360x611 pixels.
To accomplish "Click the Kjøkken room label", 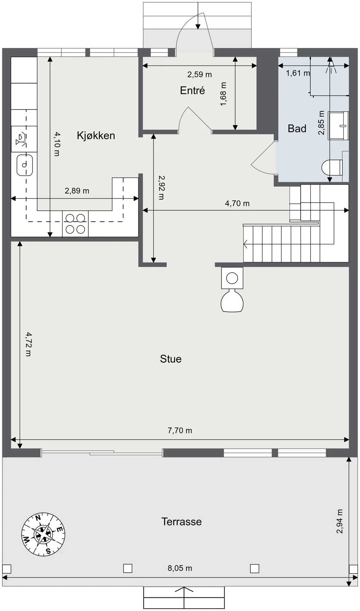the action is click(x=96, y=135).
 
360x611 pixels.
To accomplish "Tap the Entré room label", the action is click(x=193, y=90).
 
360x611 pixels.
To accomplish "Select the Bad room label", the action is click(x=297, y=128).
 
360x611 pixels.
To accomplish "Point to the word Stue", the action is click(x=170, y=359).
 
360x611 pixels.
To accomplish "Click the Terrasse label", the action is click(x=181, y=521).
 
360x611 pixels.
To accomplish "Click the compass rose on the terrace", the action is click(x=43, y=534).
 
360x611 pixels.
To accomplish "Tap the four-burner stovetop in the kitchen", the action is click(x=75, y=224).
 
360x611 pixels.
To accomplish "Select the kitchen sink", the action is click(x=24, y=165).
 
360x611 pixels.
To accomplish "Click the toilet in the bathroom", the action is click(x=332, y=167).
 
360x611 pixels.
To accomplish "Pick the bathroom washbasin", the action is click(x=338, y=126).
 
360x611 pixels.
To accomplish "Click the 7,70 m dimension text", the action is click(x=180, y=430).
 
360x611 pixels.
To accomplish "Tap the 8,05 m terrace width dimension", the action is click(x=180, y=568).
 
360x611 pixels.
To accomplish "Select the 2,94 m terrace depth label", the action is click(x=340, y=521).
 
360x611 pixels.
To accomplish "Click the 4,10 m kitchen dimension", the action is click(x=57, y=144).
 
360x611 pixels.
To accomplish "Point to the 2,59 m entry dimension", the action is click(x=200, y=74).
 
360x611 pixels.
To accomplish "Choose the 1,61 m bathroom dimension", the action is click(x=298, y=73).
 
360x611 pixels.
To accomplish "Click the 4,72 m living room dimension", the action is click(x=29, y=344).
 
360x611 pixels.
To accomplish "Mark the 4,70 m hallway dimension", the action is click(x=237, y=203).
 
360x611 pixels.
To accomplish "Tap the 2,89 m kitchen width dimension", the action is click(x=77, y=191).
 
